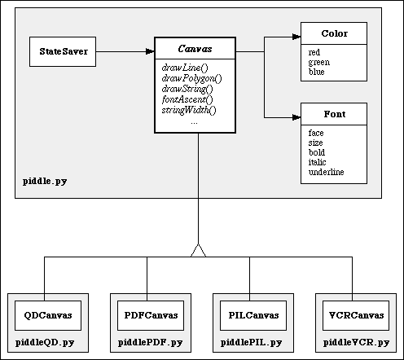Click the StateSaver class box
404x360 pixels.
pyautogui.click(x=63, y=51)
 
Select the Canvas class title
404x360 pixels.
pyautogui.click(x=195, y=49)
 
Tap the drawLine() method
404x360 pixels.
pyautogui.click(x=185, y=68)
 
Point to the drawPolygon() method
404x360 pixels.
pyautogui.click(x=191, y=78)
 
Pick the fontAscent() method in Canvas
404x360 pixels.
pyautogui.click(x=187, y=99)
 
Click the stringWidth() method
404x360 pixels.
pyautogui.click(x=189, y=110)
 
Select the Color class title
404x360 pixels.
pyautogui.click(x=334, y=33)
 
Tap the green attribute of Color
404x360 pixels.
pyautogui.click(x=319, y=62)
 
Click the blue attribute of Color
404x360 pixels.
pyautogui.click(x=317, y=72)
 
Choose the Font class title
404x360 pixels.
pyautogui.click(x=335, y=114)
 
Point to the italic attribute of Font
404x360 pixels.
pyautogui.click(x=317, y=162)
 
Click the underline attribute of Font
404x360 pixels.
pyautogui.click(x=327, y=172)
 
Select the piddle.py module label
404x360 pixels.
pyautogui.click(x=45, y=181)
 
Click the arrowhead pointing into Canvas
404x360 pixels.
pyautogui.click(x=150, y=51)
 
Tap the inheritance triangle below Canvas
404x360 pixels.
pyautogui.click(x=198, y=250)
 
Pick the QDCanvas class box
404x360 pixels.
pyautogui.click(x=48, y=315)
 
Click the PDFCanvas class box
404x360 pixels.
pyautogui.click(x=151, y=315)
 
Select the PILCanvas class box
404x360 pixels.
pyautogui.click(x=253, y=315)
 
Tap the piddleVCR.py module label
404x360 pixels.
pyautogui.click(x=356, y=343)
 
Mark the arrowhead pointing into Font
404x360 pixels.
pyautogui.click(x=296, y=117)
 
